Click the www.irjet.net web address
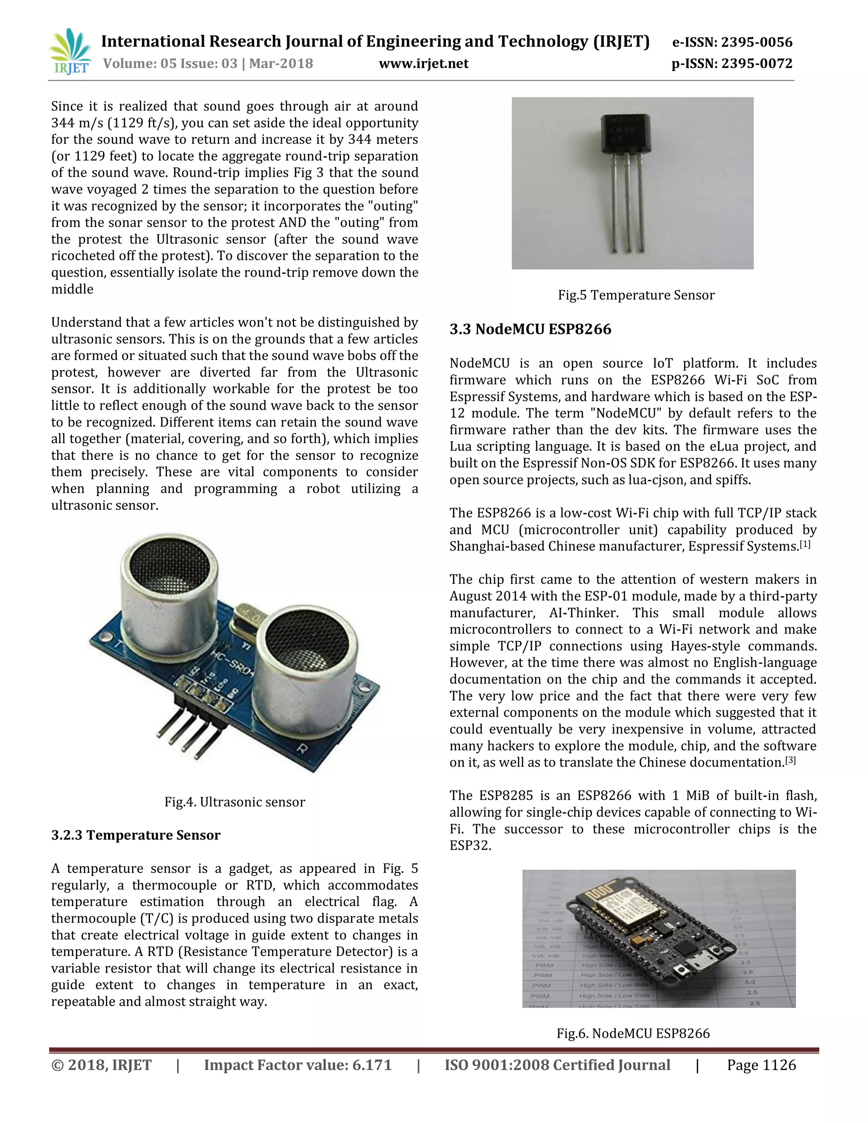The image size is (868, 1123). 423,64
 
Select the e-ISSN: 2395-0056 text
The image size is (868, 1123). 732,42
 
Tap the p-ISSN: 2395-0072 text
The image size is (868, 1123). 732,64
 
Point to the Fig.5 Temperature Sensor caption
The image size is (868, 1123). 636,295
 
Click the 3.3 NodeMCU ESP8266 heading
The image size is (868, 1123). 530,329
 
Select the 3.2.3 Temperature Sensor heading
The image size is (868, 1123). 136,835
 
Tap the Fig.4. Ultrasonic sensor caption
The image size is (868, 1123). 234,802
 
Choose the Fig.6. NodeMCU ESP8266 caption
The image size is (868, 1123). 633,1034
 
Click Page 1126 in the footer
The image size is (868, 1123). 761,1065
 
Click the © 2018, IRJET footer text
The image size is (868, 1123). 101,1065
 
